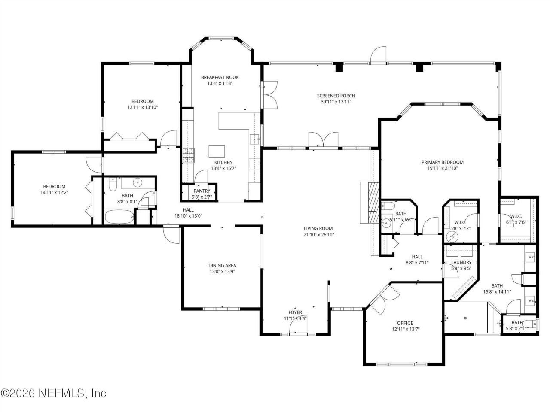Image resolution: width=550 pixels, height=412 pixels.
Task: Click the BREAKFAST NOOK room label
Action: pyautogui.click(x=220, y=77)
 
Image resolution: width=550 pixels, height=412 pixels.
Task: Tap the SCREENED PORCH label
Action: pyautogui.click(x=336, y=96)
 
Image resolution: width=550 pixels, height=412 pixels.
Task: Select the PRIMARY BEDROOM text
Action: pyautogui.click(x=442, y=162)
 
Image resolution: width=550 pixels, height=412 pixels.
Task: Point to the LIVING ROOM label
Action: pyautogui.click(x=318, y=228)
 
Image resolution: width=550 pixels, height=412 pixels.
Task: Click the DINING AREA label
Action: pyautogui.click(x=222, y=265)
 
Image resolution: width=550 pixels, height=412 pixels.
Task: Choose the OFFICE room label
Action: pyautogui.click(x=405, y=323)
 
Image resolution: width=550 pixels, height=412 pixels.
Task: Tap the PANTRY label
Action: pyautogui.click(x=202, y=191)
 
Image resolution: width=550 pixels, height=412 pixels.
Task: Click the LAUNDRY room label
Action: pyautogui.click(x=461, y=262)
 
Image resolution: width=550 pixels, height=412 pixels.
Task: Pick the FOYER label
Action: pyautogui.click(x=295, y=312)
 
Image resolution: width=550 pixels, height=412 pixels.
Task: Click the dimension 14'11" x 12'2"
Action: pyautogui.click(x=55, y=192)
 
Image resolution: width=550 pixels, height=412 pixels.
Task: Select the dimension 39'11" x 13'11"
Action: pyautogui.click(x=336, y=102)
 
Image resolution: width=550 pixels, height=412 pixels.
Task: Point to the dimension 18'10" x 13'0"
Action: pyautogui.click(x=188, y=215)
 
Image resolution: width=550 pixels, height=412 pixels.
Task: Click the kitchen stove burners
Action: pyautogui.click(x=188, y=156)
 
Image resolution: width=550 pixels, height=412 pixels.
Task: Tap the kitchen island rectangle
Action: pyautogui.click(x=217, y=151)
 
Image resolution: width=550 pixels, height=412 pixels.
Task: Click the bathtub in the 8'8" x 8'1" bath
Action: pyautogui.click(x=119, y=217)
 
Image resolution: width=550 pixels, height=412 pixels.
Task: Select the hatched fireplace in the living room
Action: pyautogui.click(x=373, y=203)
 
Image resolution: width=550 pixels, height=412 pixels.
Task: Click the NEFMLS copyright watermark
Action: pyautogui.click(x=53, y=393)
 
